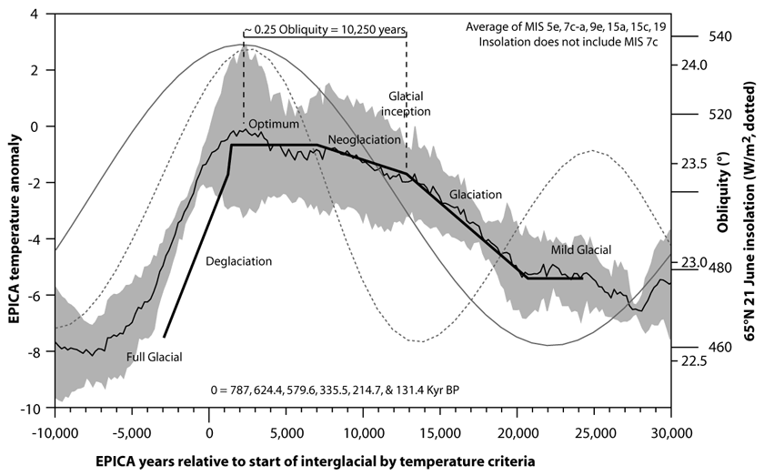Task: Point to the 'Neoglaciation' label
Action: pos(364,140)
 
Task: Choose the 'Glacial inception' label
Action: pos(404,103)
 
